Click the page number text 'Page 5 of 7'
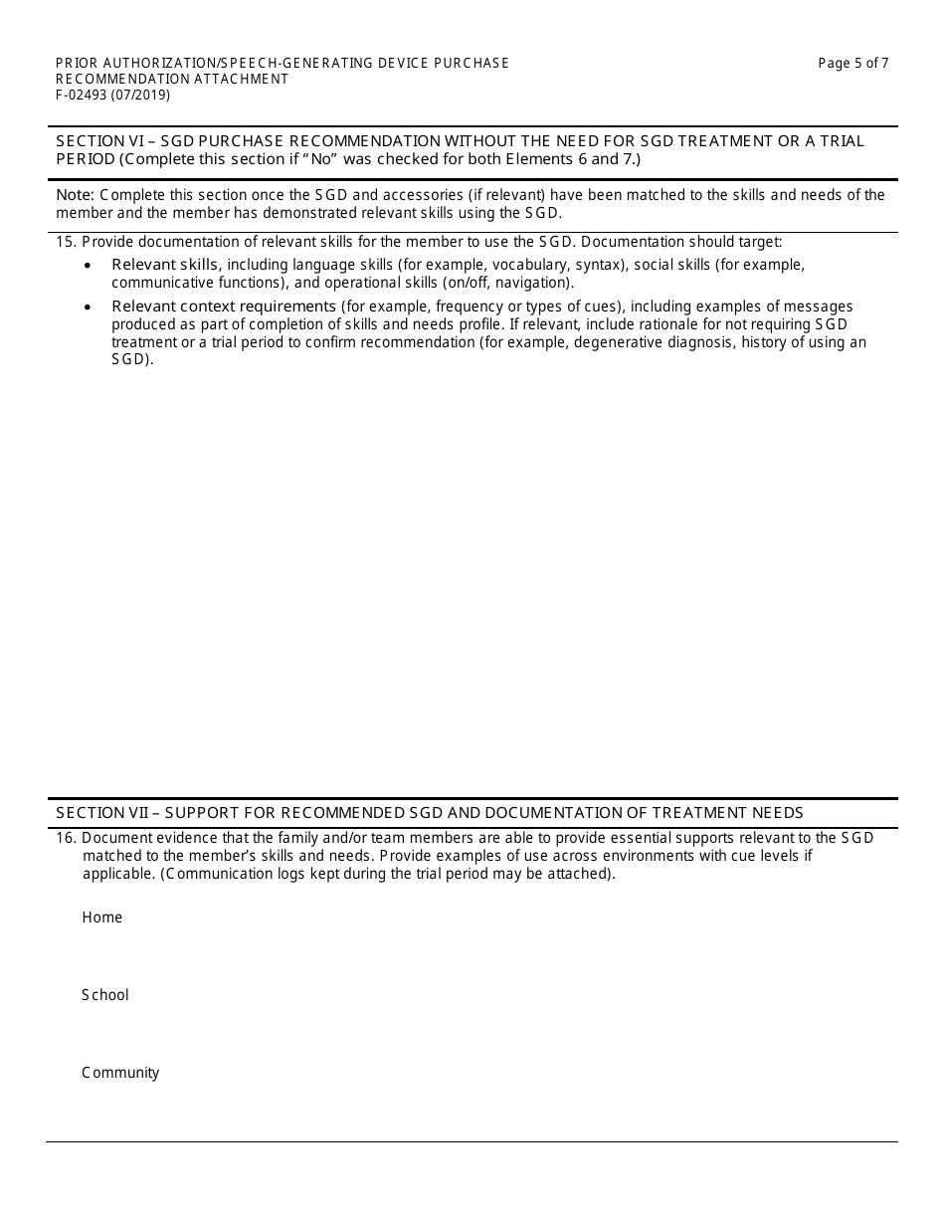coord(852,64)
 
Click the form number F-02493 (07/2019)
coord(112,96)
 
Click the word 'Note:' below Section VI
coord(75,195)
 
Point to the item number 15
coord(66,242)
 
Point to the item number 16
coord(66,838)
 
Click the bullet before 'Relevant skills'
coord(88,266)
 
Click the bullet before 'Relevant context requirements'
coord(88,307)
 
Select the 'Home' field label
coord(101,918)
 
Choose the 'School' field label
coord(104,995)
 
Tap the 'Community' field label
coord(119,1073)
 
